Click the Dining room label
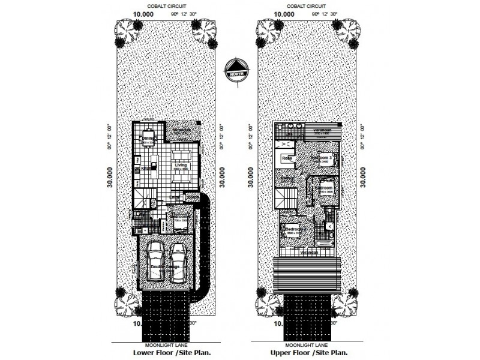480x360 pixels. [147, 139]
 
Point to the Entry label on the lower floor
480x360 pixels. [175, 196]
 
